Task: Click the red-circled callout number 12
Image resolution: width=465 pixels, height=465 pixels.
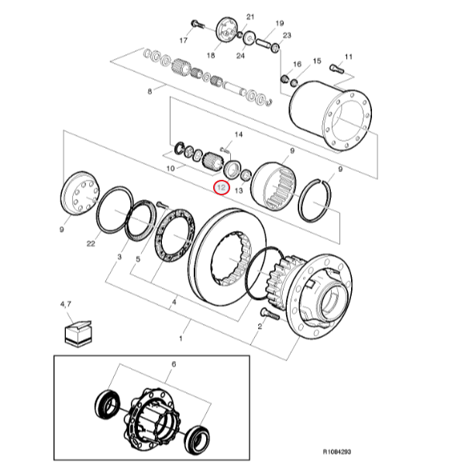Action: pyautogui.click(x=221, y=188)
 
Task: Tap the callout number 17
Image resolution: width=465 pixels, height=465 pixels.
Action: pyautogui.click(x=184, y=40)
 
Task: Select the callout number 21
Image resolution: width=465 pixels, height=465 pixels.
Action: pyautogui.click(x=250, y=16)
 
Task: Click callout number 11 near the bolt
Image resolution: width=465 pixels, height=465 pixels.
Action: pyautogui.click(x=348, y=57)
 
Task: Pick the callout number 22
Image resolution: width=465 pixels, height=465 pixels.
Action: pyautogui.click(x=91, y=244)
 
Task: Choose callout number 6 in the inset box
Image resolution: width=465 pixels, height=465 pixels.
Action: pyautogui.click(x=174, y=363)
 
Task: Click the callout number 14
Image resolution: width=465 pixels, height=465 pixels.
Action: pyautogui.click(x=238, y=135)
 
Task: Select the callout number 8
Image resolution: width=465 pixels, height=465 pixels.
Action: pyautogui.click(x=150, y=92)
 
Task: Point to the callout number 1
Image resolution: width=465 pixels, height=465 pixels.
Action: pyautogui.click(x=181, y=339)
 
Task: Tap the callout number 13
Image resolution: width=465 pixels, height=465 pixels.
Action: pyautogui.click(x=239, y=190)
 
